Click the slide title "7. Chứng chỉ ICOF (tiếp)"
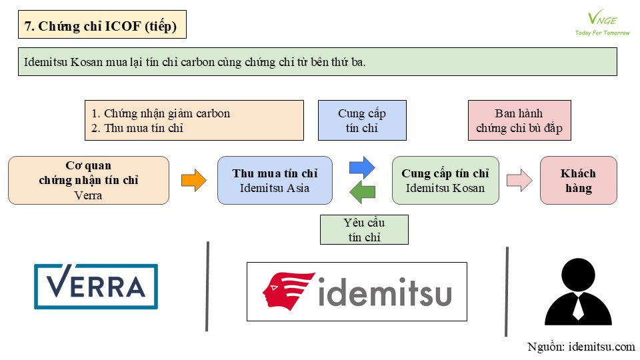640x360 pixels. tap(101, 27)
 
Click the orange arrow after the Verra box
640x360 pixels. tap(194, 181)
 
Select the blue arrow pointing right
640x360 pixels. tap(362, 167)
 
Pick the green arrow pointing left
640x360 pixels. tap(362, 193)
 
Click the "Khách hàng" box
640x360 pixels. tap(578, 181)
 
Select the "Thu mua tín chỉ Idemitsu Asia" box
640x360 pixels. tap(275, 181)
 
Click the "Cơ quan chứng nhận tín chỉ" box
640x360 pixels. tap(89, 181)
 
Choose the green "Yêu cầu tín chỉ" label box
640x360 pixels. tap(364, 229)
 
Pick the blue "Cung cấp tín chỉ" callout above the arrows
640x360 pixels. tap(362, 121)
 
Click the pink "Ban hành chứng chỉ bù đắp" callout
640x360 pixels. tap(519, 121)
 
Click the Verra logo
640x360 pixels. tap(96, 287)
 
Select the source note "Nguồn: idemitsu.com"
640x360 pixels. tap(581, 347)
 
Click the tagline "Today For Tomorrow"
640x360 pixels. tap(602, 33)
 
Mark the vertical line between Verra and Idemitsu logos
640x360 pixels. tap(208, 287)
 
